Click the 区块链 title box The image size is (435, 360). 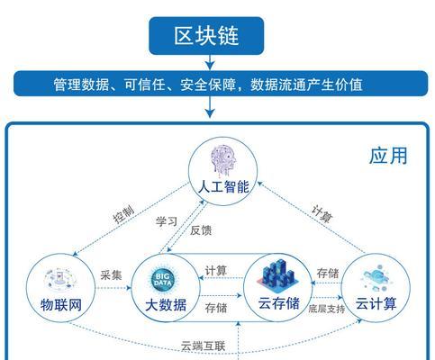pyautogui.click(x=206, y=36)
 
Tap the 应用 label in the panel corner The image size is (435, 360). pyautogui.click(x=388, y=156)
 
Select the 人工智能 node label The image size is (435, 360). pyautogui.click(x=223, y=187)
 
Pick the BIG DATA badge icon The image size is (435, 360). pyautogui.click(x=163, y=279)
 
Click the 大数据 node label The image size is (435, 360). pyautogui.click(x=166, y=305)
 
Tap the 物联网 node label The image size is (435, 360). pyautogui.click(x=61, y=305)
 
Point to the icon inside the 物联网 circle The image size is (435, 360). pyautogui.click(x=60, y=280)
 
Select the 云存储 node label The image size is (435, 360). pyautogui.click(x=278, y=303)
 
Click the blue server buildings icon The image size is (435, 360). pyautogui.click(x=277, y=276)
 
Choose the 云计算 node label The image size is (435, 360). pyautogui.click(x=376, y=303)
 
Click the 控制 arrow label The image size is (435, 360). pyautogui.click(x=123, y=214)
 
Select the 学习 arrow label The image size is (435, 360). pyautogui.click(x=167, y=221)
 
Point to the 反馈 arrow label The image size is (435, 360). pyautogui.click(x=201, y=230)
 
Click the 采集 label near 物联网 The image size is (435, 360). pyautogui.click(x=111, y=275)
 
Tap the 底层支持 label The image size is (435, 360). pyautogui.click(x=327, y=309)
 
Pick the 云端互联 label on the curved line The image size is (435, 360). pyautogui.click(x=203, y=346)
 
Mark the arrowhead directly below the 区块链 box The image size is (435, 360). pyautogui.click(x=210, y=66)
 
